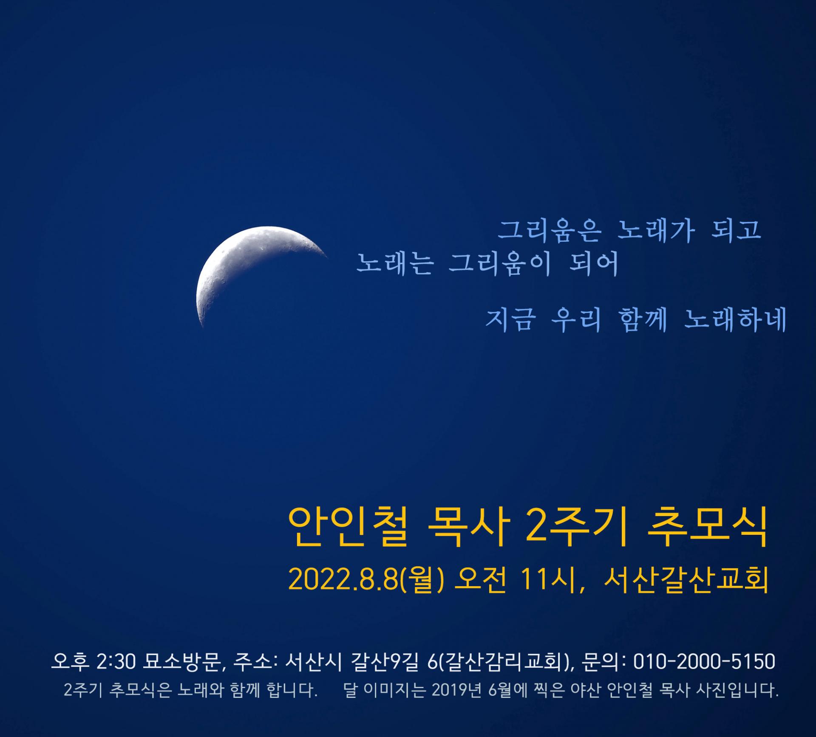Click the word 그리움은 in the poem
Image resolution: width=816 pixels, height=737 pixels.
pyautogui.click(x=550, y=231)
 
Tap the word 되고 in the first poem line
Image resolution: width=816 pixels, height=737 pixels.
pyautogui.click(x=736, y=231)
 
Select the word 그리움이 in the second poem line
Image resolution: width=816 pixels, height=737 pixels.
pyautogui.click(x=500, y=264)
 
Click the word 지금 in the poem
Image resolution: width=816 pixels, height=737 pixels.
pyautogui.click(x=509, y=319)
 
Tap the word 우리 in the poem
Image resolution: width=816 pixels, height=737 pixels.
pyautogui.click(x=576, y=319)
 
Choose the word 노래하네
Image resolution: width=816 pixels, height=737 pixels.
pyautogui.click(x=736, y=319)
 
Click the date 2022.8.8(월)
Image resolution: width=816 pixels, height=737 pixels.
pyautogui.click(x=366, y=580)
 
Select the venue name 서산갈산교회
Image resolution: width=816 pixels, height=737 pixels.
pyautogui.click(x=686, y=580)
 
